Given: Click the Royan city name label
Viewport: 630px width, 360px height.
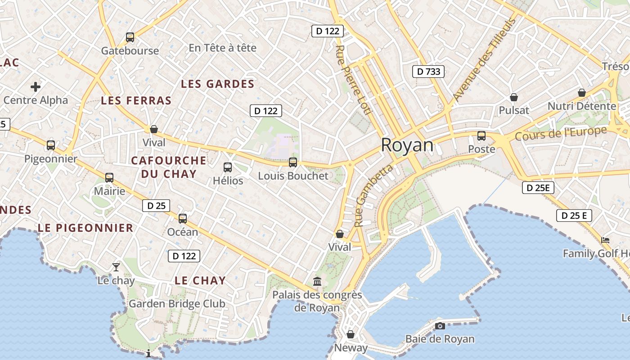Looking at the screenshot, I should click(x=407, y=145).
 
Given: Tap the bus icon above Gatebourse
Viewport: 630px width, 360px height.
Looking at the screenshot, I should click(x=130, y=37).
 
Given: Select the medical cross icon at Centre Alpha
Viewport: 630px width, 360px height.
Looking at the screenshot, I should click(x=36, y=86).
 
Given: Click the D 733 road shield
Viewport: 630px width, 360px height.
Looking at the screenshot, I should click(x=428, y=71).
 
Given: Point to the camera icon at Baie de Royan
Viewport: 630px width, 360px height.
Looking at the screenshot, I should click(x=440, y=326).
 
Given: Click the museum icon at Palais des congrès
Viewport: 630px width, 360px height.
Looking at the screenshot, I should click(x=317, y=281).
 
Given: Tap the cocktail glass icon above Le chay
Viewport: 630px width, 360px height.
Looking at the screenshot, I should click(x=116, y=267).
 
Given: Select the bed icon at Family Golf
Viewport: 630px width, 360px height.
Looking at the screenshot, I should click(x=605, y=240).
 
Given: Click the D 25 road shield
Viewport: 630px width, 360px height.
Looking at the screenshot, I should click(x=156, y=206).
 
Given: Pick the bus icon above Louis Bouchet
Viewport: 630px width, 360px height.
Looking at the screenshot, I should click(x=293, y=162).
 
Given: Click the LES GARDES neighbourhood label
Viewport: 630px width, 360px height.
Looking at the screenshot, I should click(x=217, y=84).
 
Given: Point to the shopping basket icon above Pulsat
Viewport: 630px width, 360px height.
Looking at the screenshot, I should click(x=514, y=97).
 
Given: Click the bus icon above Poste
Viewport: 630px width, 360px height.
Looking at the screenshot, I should click(x=481, y=135).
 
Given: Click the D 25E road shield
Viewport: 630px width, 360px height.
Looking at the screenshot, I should click(x=538, y=188).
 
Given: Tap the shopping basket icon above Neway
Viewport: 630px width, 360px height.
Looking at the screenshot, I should click(x=351, y=334).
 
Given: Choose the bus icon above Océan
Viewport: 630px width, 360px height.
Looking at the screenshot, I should click(x=183, y=219).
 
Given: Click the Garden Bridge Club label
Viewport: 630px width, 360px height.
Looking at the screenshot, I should click(x=177, y=304).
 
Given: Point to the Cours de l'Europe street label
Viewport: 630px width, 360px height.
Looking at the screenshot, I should click(x=561, y=133).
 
